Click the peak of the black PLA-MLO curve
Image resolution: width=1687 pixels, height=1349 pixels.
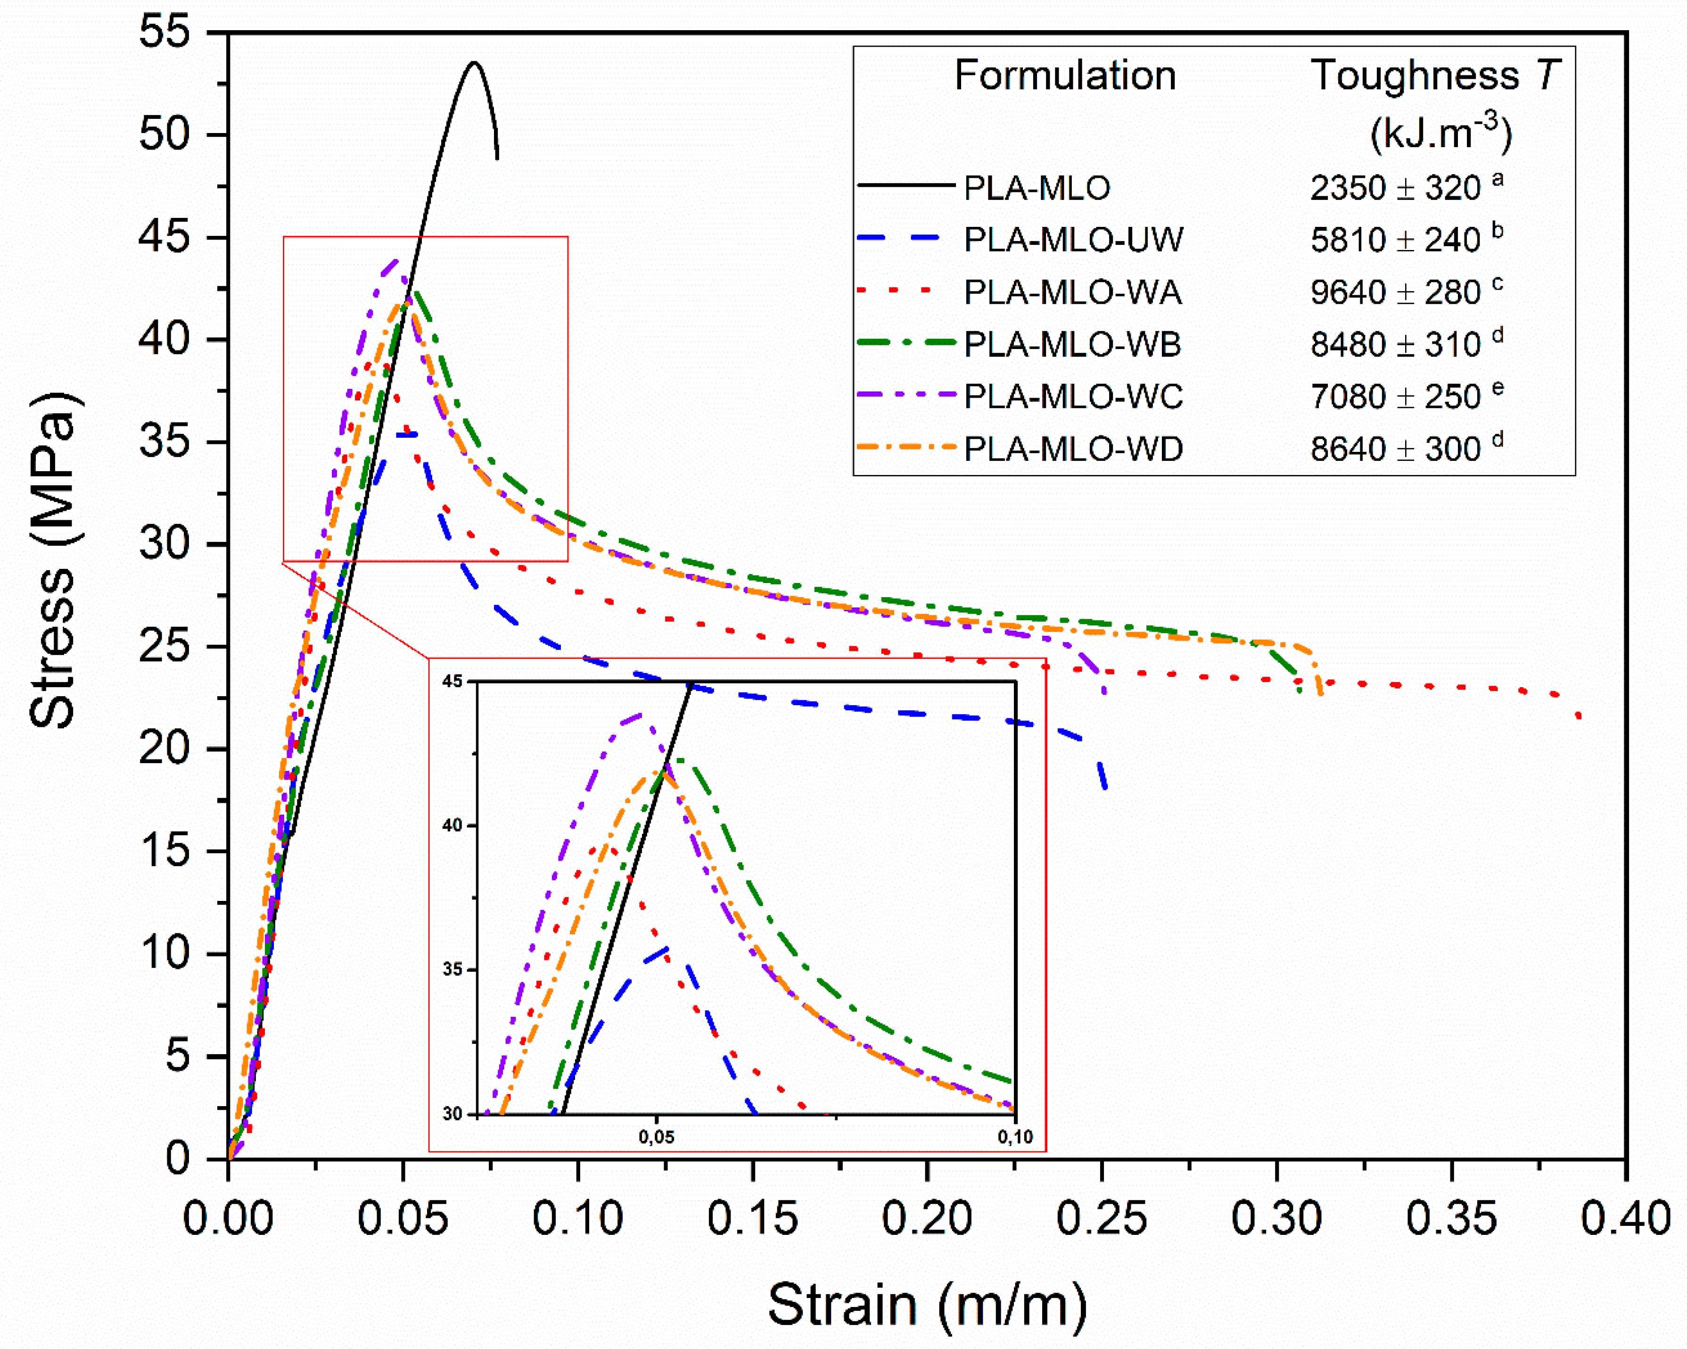(x=473, y=63)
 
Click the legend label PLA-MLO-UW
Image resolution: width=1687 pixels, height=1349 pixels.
(x=1074, y=240)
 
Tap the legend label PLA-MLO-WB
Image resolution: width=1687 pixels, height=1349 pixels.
(x=1072, y=344)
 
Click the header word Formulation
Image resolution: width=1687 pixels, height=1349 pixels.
(x=1065, y=76)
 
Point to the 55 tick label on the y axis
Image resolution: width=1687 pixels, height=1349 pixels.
(x=165, y=33)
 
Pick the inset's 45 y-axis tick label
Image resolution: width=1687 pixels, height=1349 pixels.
(x=453, y=681)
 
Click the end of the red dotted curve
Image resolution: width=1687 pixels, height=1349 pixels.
(x=1580, y=717)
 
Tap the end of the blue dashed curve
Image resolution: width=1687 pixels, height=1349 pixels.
(x=1105, y=787)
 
